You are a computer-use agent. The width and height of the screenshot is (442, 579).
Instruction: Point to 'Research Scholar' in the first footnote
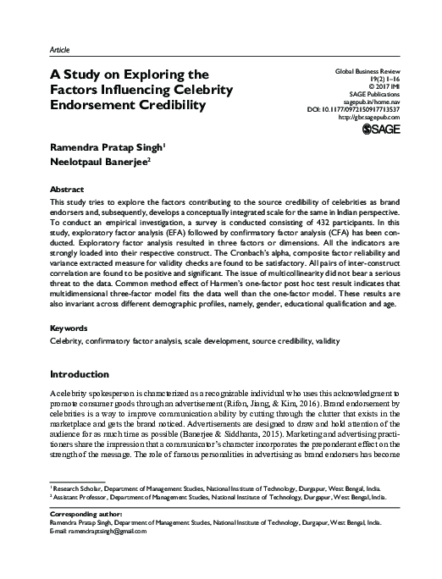click(80, 512)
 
